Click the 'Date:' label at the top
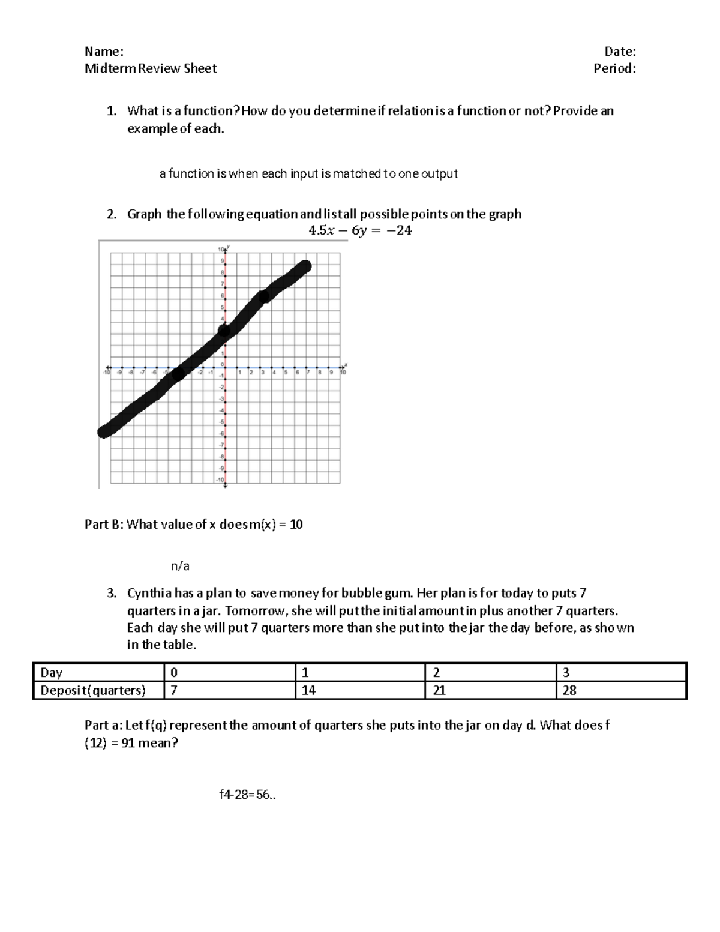coord(620,51)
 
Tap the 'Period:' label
coord(614,68)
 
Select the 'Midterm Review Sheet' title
coord(151,68)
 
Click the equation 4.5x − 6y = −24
coord(359,230)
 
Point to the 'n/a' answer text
coord(180,565)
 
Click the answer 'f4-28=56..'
coord(248,795)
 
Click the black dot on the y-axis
coord(224,331)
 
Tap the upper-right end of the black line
coord(305,266)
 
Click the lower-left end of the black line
coord(104,431)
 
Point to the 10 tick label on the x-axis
coord(343,373)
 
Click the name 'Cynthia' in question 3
coord(149,594)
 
